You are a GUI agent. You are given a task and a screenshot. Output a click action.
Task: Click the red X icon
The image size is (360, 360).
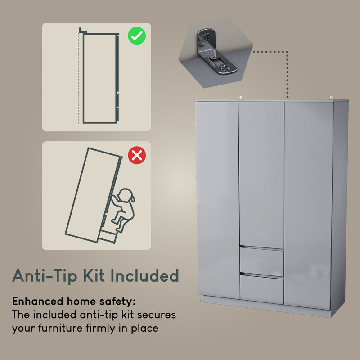[137, 156]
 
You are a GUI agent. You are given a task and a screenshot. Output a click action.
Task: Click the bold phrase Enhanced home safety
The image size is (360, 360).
[73, 301]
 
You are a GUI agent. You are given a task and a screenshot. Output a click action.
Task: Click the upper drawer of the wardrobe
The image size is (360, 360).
[261, 262]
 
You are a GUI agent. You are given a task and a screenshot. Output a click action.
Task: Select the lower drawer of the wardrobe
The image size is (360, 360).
[261, 289]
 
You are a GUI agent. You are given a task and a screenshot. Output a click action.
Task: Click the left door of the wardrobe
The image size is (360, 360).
[218, 198]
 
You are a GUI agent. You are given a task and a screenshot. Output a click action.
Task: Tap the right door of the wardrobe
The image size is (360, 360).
[308, 198]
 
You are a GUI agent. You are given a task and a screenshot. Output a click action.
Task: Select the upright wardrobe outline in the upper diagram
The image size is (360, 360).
[100, 78]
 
